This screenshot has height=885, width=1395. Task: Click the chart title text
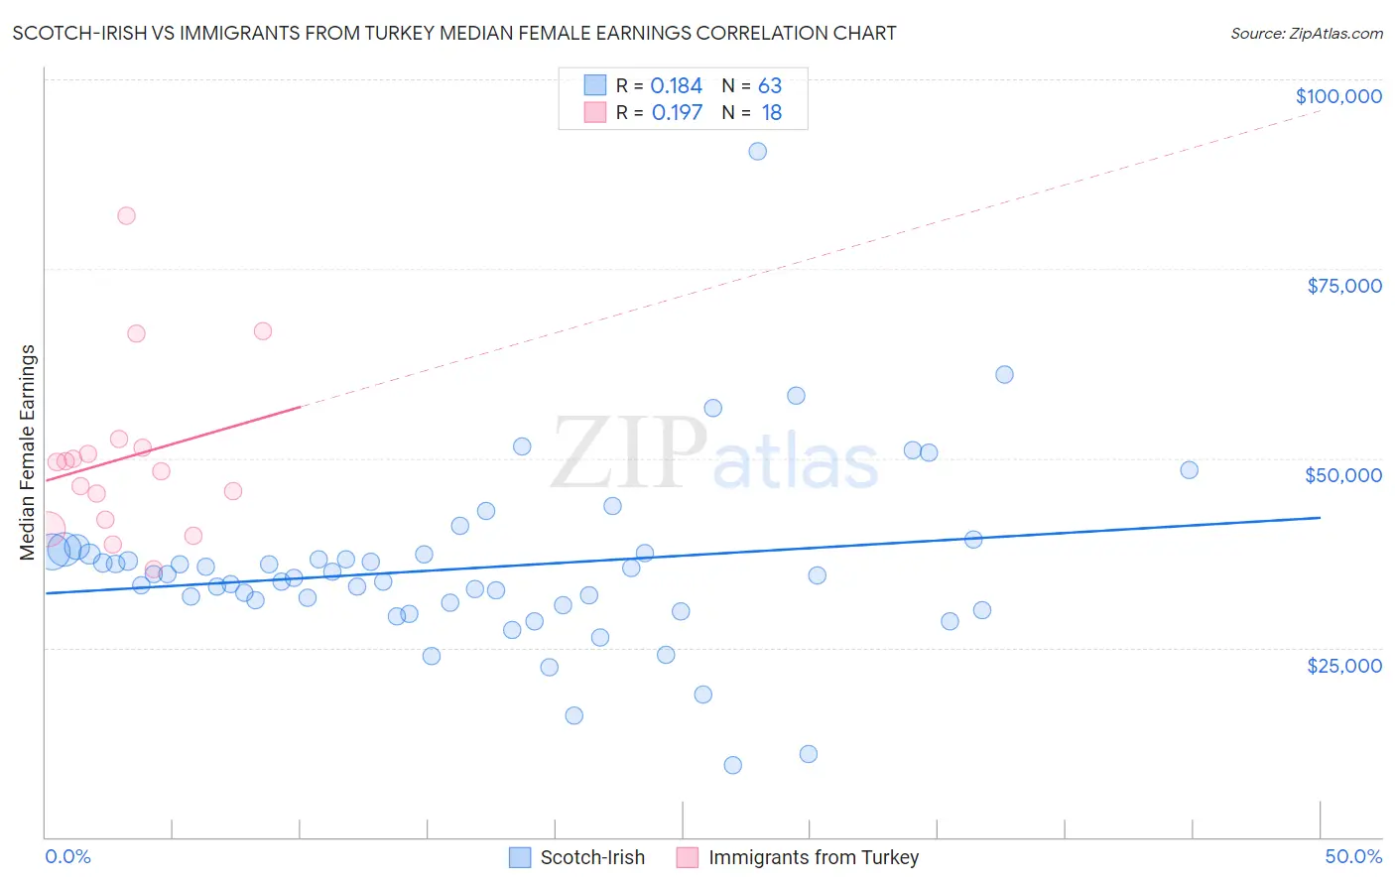[x=454, y=33]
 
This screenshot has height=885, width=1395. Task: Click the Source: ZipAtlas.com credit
[x=1306, y=34]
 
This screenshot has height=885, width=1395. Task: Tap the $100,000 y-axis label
[x=1337, y=96]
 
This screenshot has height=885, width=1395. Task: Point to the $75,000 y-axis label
[x=1343, y=286]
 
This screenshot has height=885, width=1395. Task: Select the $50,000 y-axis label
[x=1342, y=475]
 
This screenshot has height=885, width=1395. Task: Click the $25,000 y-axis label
[x=1343, y=666]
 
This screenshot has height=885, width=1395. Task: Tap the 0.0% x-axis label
[x=67, y=856]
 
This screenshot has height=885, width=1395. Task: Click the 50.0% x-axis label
[x=1352, y=856]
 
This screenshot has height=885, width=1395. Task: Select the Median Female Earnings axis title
[x=28, y=452]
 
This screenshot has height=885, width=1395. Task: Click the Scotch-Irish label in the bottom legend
[x=591, y=857]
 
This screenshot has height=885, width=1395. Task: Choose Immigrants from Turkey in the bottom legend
[x=813, y=857]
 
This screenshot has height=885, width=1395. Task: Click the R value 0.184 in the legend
[x=676, y=86]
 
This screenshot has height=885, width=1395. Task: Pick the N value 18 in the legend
[x=771, y=113]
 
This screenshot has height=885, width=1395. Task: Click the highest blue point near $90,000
[x=757, y=152]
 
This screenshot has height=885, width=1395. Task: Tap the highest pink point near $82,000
[x=126, y=216]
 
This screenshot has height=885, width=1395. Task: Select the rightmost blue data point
[x=1189, y=470]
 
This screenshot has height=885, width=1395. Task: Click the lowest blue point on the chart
[x=732, y=765]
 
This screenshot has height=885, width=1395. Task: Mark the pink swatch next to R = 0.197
[x=594, y=112]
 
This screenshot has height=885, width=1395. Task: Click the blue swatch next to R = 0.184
[x=594, y=85]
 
